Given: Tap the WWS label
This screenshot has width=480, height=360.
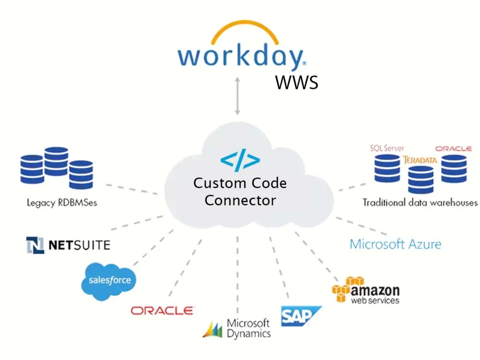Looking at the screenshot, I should tap(297, 83).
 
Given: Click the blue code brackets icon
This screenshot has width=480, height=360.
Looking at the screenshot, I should tap(240, 162).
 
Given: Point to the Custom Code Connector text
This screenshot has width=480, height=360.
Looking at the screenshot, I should tap(240, 191).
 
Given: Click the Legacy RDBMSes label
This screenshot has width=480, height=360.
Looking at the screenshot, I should tap(62, 203).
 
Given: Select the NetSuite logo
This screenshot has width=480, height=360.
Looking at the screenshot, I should tap(68, 245).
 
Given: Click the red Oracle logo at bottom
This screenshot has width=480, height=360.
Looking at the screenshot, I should tap(163, 311).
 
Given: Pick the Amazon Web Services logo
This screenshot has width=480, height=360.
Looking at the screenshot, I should tap(366, 290).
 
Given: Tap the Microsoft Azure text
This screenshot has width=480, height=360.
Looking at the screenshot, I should tap(395, 244).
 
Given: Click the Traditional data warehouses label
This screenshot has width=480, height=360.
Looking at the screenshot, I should tap(420, 203).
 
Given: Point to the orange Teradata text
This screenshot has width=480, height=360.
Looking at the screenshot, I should tap(420, 160).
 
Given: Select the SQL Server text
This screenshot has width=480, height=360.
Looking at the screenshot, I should tap(387, 148).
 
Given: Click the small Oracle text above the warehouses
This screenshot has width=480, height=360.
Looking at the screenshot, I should tap(453, 149).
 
